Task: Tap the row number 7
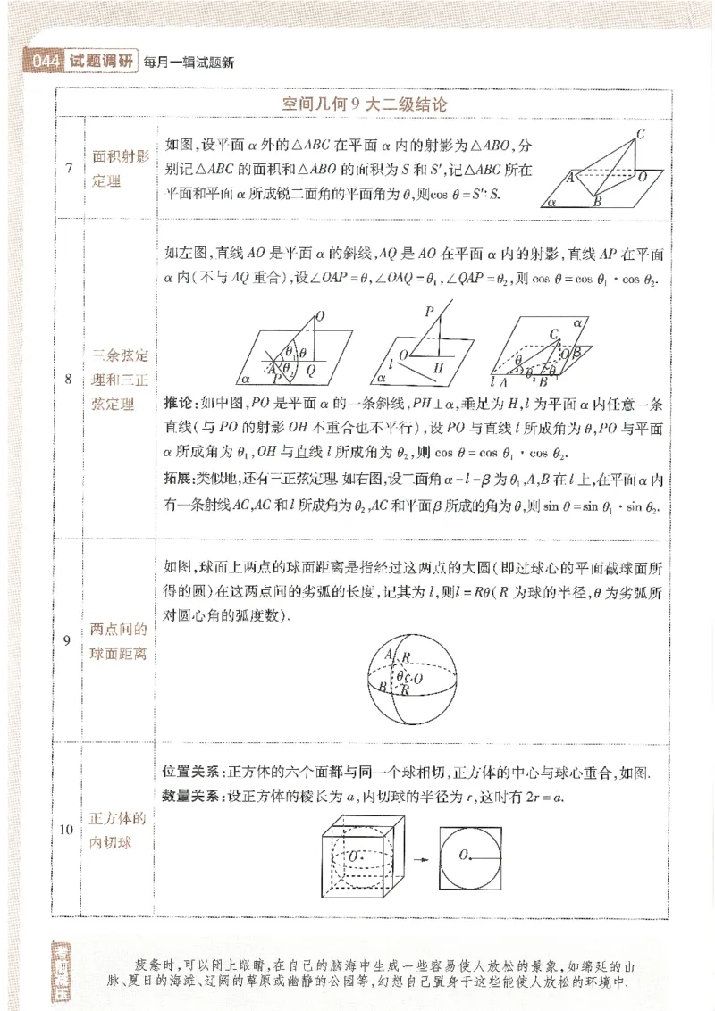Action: (x=69, y=167)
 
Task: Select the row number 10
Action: (x=68, y=830)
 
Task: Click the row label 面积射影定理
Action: (x=122, y=167)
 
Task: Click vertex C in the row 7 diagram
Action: (x=641, y=135)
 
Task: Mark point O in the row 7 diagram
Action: (x=642, y=178)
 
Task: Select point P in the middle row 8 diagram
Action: (x=429, y=312)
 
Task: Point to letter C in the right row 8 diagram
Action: (x=553, y=334)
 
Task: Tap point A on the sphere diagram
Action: (x=389, y=656)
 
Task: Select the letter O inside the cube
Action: (x=354, y=856)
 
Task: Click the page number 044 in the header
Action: (x=44, y=62)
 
